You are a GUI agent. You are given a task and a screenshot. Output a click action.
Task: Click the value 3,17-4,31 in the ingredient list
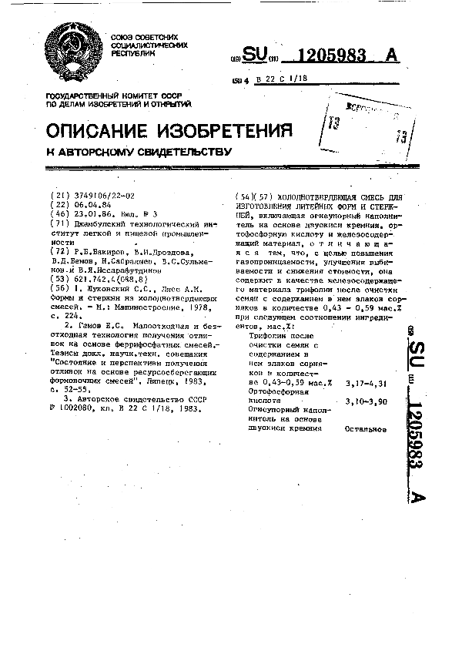click(365, 382)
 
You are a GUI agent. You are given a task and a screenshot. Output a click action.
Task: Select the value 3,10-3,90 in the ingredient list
click(365, 401)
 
